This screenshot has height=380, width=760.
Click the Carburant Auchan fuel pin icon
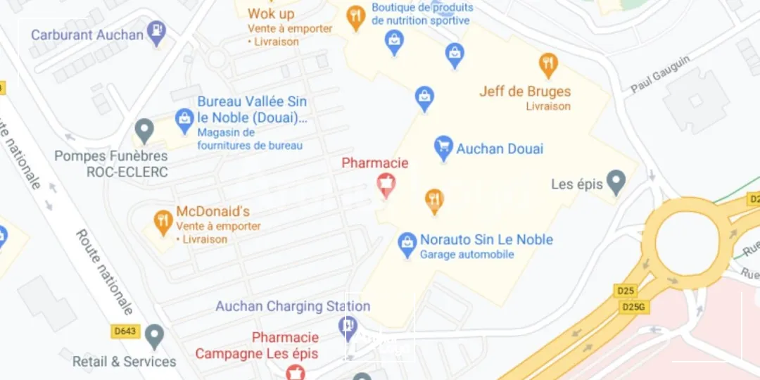(x=158, y=32)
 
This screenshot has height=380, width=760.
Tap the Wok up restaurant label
(x=271, y=14)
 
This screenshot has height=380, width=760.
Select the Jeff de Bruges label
(x=525, y=91)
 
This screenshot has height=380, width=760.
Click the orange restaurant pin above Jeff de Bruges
(x=548, y=65)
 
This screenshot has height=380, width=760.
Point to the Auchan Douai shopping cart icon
(x=443, y=148)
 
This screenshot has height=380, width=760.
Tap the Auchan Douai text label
(x=500, y=148)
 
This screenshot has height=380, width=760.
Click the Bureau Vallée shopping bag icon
(x=184, y=120)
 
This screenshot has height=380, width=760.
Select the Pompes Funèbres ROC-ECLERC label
(x=111, y=163)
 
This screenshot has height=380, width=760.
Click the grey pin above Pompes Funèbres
(x=144, y=130)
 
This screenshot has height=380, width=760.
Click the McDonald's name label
(x=213, y=212)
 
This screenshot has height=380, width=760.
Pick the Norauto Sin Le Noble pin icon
(x=407, y=244)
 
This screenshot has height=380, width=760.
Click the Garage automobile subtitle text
(x=467, y=255)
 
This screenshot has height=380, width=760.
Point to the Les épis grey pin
(x=616, y=182)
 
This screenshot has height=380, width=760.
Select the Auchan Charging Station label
(x=293, y=306)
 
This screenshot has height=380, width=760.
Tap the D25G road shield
(x=633, y=307)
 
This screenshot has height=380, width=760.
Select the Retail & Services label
(x=125, y=362)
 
